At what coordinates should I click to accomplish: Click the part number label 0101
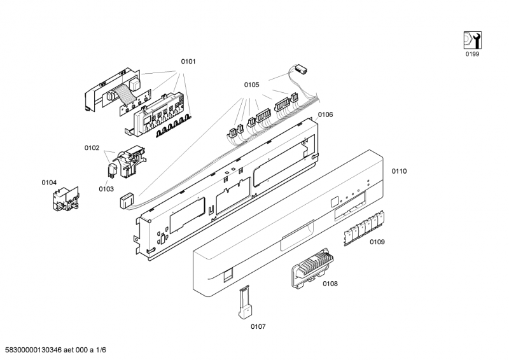coord(188,61)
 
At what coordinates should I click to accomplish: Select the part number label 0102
coord(92,148)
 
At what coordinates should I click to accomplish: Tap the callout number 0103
coord(106,189)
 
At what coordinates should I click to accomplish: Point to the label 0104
coord(49,183)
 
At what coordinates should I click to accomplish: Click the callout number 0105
coord(251,85)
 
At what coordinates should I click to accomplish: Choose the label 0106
coord(325,114)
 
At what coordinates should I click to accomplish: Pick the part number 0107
coord(258,326)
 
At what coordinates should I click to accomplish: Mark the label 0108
coord(330,284)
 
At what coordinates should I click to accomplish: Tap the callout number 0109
coord(377,242)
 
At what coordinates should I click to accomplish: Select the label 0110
coord(399,171)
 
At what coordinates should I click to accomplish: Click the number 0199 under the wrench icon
coord(472,54)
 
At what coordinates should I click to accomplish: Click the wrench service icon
coord(472,40)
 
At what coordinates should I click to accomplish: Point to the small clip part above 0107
coord(245,302)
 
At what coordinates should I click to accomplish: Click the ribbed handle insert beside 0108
coord(313,268)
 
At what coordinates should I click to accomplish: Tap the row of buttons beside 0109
coord(364,228)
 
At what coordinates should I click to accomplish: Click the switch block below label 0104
coord(66,198)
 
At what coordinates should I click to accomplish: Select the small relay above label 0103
coord(113,169)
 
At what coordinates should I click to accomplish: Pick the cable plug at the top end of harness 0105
coord(301,69)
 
